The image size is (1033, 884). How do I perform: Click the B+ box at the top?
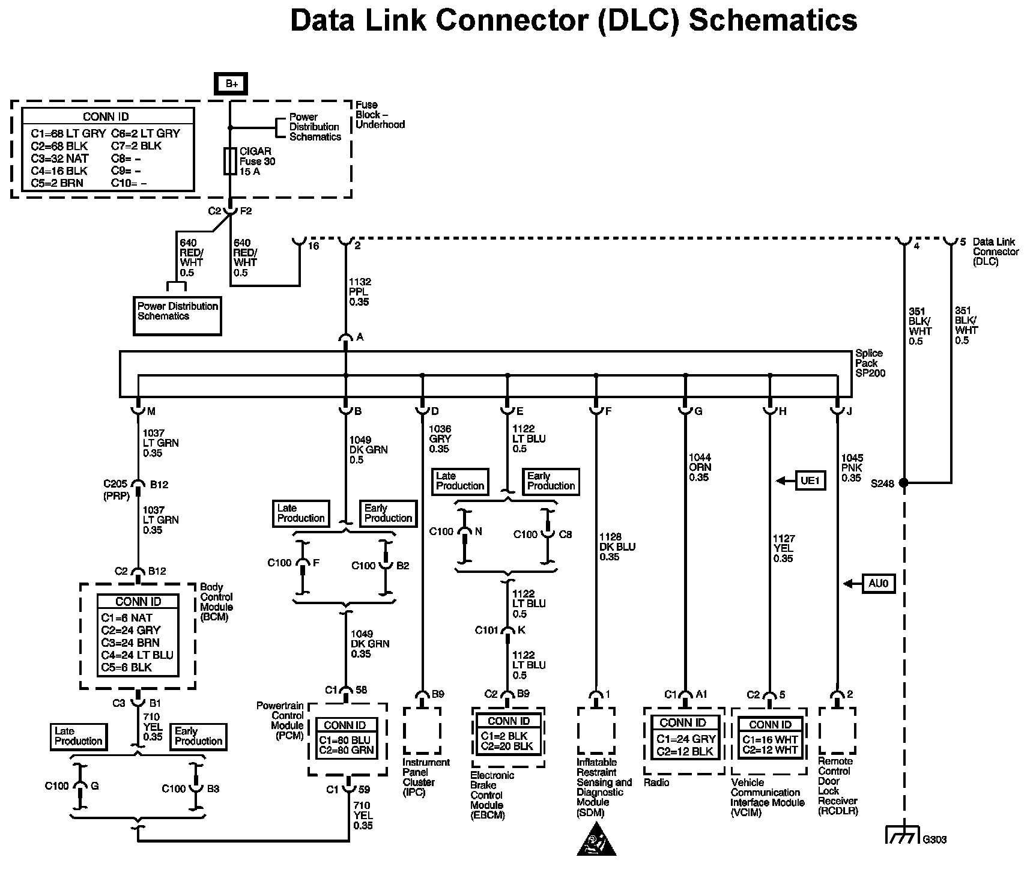coord(232,84)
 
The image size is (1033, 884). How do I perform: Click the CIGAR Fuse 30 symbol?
coord(230,161)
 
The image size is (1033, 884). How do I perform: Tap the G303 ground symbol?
coord(903,836)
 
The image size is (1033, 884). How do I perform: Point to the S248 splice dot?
coord(903,483)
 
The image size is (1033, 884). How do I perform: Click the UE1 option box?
coord(810,481)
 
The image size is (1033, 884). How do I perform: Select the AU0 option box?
coord(878,583)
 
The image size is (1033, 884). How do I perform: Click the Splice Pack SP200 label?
coord(870,363)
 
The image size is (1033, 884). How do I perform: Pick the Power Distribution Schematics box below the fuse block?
coord(177,315)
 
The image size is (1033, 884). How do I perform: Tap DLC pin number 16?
coord(314,246)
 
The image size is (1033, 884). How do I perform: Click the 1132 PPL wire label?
coord(360,292)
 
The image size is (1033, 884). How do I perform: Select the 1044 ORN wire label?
coord(699,467)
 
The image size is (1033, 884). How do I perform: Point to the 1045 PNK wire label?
coord(851,468)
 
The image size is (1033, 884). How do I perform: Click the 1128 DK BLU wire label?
coord(617,546)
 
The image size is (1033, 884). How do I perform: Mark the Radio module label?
coord(656,783)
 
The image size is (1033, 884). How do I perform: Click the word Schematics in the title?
coord(772,20)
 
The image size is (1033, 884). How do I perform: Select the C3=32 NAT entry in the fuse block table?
coord(60,159)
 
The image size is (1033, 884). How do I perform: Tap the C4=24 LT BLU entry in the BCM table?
coord(137,655)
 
